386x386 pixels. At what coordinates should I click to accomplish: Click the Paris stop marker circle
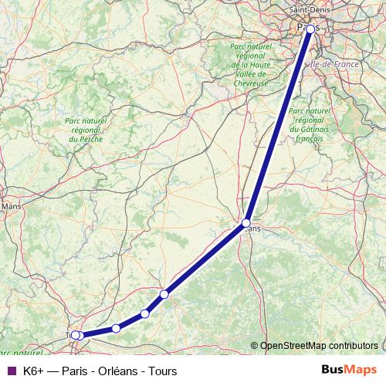tap(310, 29)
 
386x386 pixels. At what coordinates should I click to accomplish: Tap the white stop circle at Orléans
tap(246, 223)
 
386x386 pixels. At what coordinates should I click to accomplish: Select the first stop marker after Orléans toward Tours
tap(164, 294)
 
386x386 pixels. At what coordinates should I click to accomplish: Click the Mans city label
tap(11, 207)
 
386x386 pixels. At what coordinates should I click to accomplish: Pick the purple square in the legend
tap(10, 371)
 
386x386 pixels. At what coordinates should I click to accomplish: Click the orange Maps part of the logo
tap(361, 370)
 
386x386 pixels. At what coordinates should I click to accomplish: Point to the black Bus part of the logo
tap(332, 370)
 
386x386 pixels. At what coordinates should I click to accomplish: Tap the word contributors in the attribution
tap(352, 345)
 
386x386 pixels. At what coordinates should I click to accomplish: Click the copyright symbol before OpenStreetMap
tap(254, 345)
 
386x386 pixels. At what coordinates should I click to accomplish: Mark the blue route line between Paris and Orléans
tap(279, 126)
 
